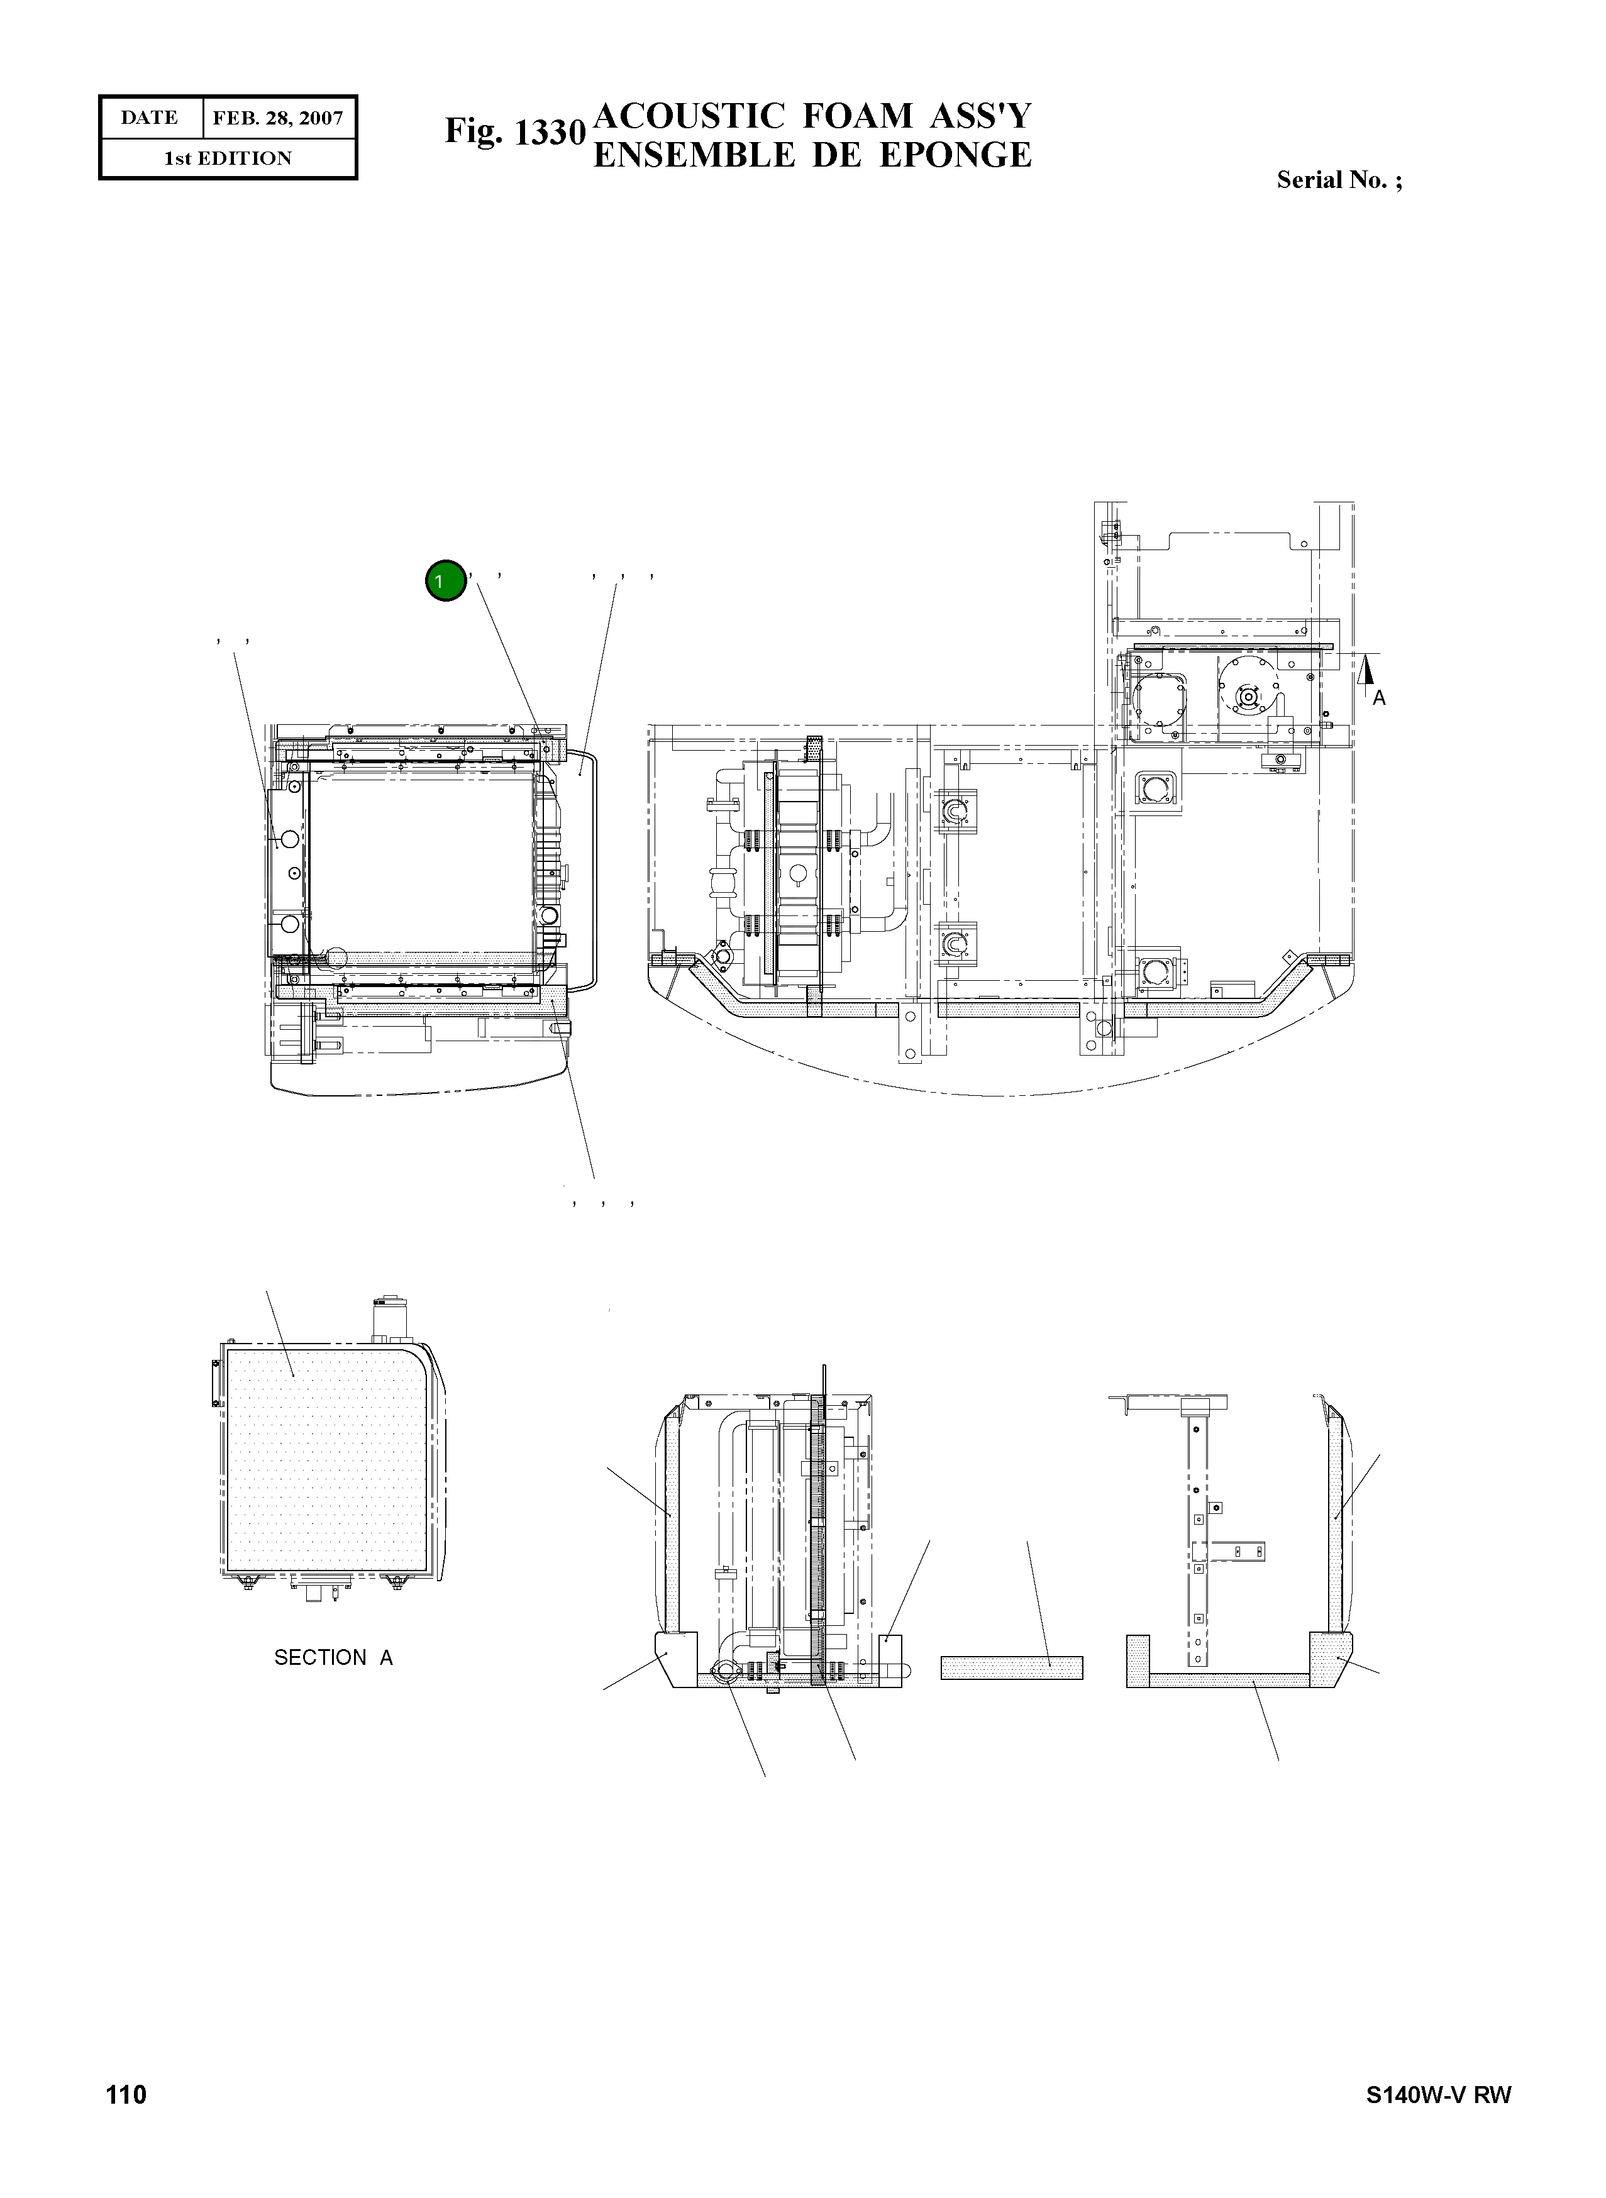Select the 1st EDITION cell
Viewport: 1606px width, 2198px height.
[228, 158]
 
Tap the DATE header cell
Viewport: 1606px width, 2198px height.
[150, 118]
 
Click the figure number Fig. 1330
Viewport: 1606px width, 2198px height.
[514, 131]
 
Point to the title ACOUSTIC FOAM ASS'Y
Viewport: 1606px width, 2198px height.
[812, 116]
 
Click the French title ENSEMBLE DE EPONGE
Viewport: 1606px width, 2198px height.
[812, 155]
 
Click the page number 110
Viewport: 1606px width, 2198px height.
[126, 2094]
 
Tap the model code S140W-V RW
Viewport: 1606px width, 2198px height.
[1438, 2095]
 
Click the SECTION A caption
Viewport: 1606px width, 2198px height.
[333, 1657]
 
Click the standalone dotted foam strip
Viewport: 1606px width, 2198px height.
[1011, 1668]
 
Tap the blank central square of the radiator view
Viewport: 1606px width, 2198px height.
[420, 860]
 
